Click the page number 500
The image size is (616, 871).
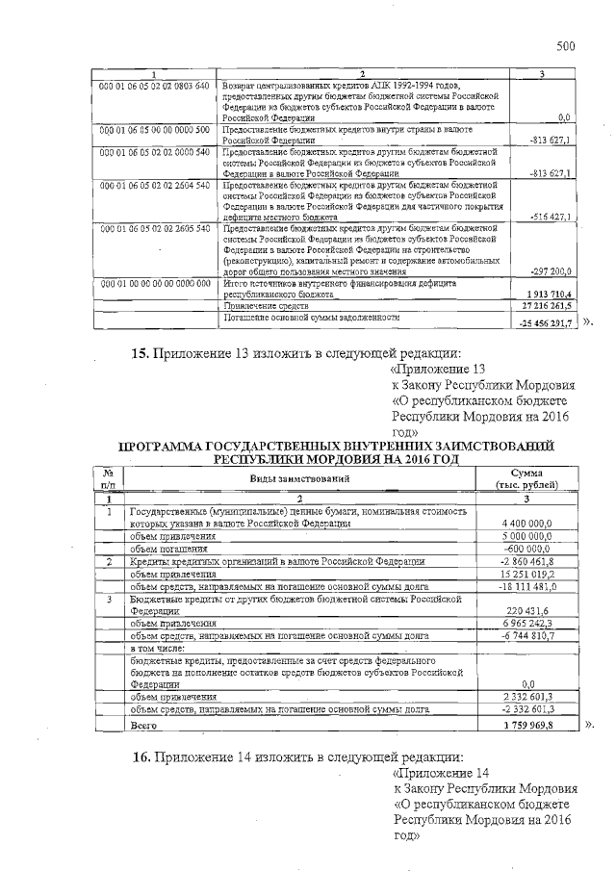(x=565, y=45)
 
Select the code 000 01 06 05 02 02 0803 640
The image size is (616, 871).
(x=155, y=86)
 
